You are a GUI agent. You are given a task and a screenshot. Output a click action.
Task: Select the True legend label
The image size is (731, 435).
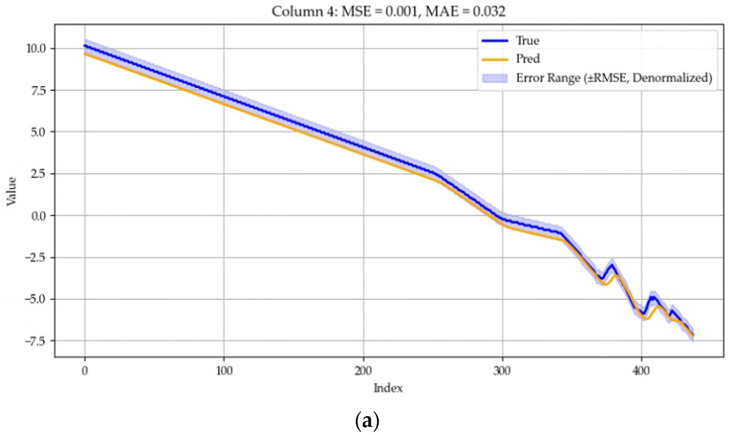(x=528, y=41)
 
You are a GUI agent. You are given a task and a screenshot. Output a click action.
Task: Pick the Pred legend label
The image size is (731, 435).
(x=528, y=59)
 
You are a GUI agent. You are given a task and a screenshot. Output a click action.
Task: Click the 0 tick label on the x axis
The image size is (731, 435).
(x=85, y=370)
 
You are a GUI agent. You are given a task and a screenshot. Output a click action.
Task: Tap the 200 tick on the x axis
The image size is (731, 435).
(x=363, y=370)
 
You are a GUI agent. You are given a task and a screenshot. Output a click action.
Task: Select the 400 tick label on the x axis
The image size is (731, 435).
(x=641, y=370)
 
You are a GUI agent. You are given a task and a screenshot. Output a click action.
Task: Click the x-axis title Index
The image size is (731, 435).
(x=388, y=389)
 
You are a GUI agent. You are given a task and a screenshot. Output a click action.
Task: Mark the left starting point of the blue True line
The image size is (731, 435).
(x=85, y=46)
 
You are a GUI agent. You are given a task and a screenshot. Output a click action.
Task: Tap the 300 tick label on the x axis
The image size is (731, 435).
(x=503, y=370)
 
